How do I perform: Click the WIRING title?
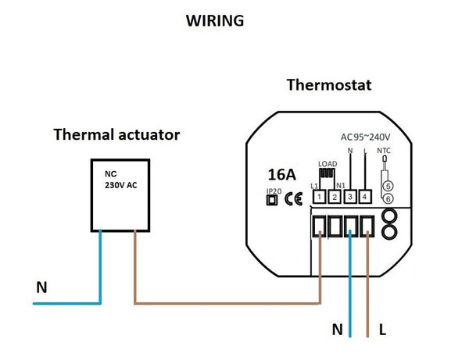(x=214, y=21)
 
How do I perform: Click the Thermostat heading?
(x=328, y=84)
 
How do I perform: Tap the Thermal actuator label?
(x=116, y=135)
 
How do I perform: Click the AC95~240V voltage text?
(x=366, y=136)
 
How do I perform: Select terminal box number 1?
(x=320, y=197)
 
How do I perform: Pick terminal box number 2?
(x=335, y=197)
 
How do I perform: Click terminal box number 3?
(x=351, y=197)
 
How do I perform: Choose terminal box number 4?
(x=366, y=197)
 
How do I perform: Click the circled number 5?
(x=388, y=186)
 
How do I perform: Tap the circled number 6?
(x=388, y=199)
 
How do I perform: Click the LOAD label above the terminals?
(x=328, y=163)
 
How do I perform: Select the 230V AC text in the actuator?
(x=122, y=186)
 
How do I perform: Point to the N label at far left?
(x=41, y=288)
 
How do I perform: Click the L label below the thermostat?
(x=381, y=330)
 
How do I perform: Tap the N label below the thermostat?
(x=337, y=330)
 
